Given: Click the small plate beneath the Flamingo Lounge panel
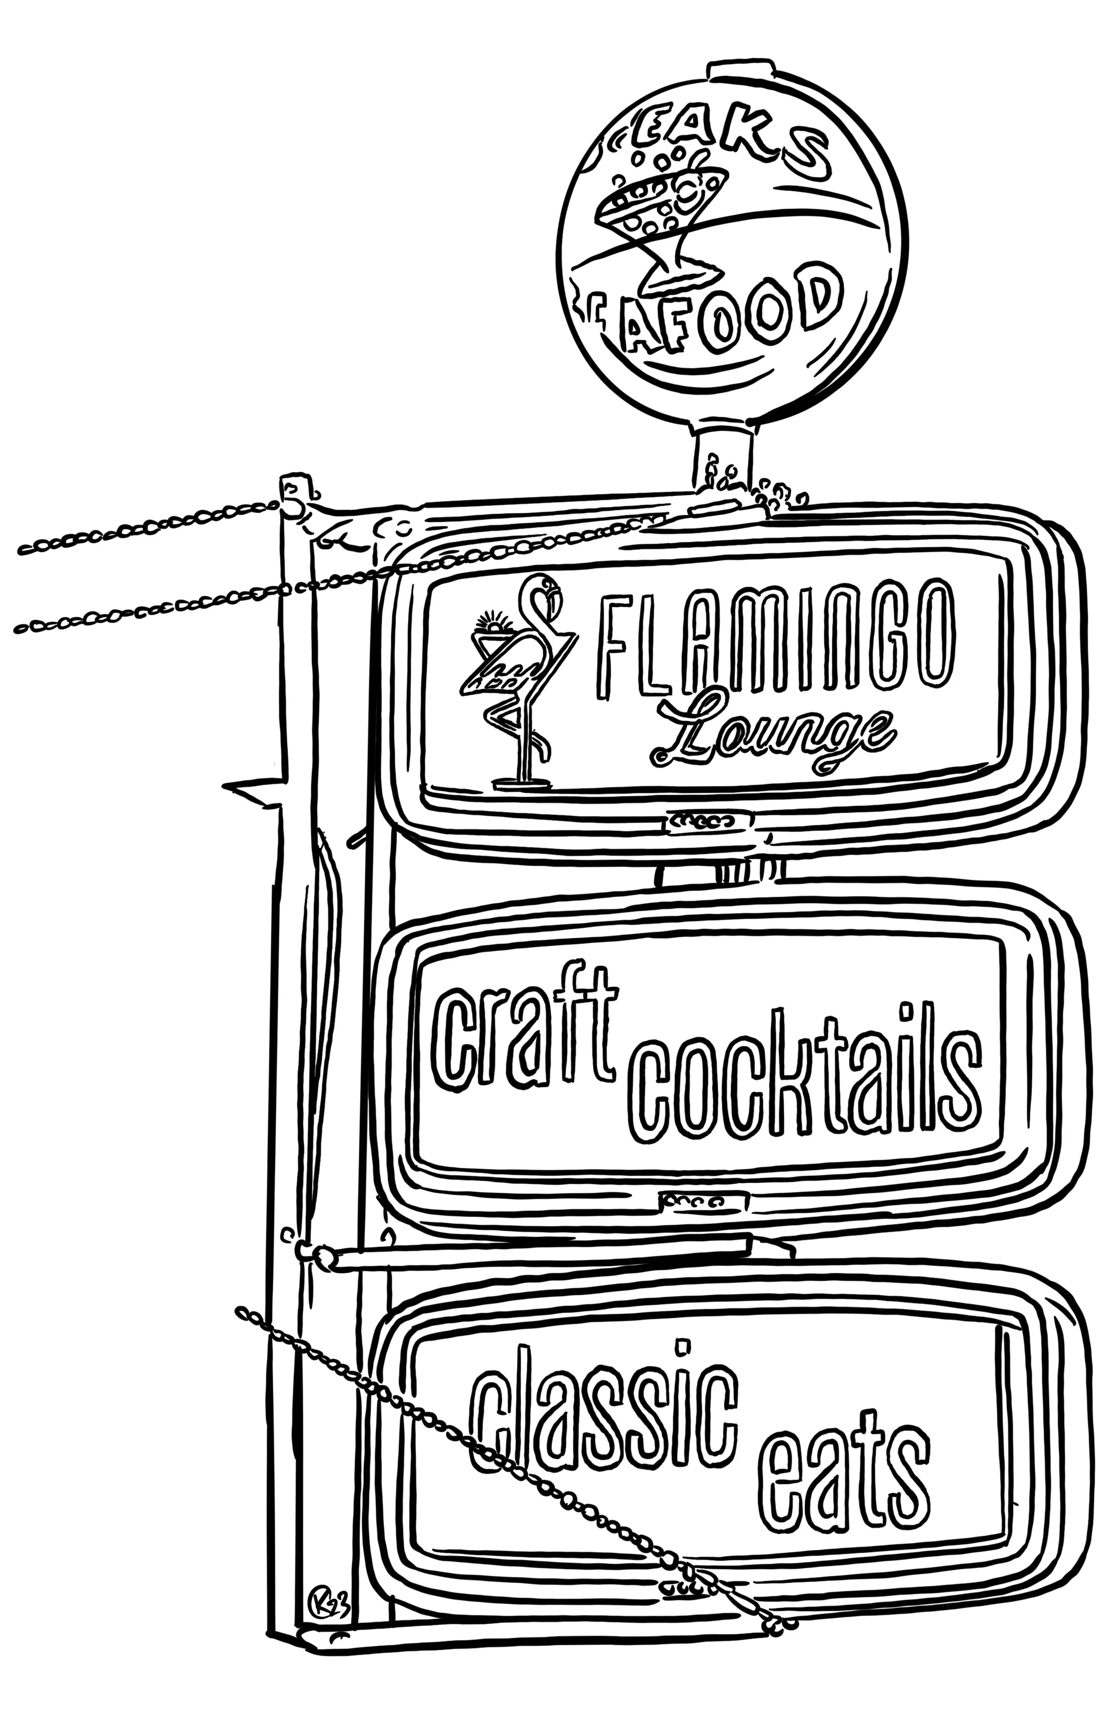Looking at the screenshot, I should [708, 821].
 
